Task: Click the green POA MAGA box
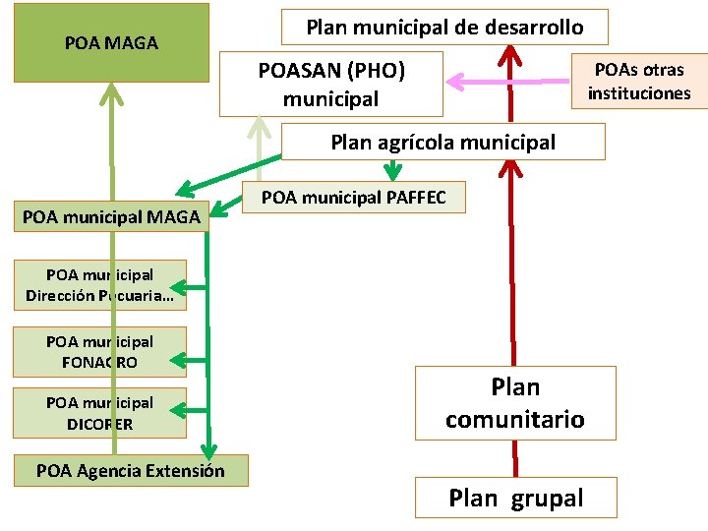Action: (111, 42)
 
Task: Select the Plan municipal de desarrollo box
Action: (444, 28)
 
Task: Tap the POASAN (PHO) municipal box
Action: (330, 85)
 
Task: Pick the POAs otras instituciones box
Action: (639, 82)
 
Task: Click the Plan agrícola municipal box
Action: (442, 142)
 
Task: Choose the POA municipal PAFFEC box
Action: (354, 198)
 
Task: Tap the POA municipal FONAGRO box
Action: (99, 352)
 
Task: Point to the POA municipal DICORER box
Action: (99, 413)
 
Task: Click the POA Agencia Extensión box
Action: (130, 470)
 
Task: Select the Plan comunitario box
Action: (514, 403)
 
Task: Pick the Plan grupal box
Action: (515, 498)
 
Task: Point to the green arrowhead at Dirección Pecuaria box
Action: (194, 287)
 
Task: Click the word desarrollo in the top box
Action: (531, 28)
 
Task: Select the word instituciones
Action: (639, 94)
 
